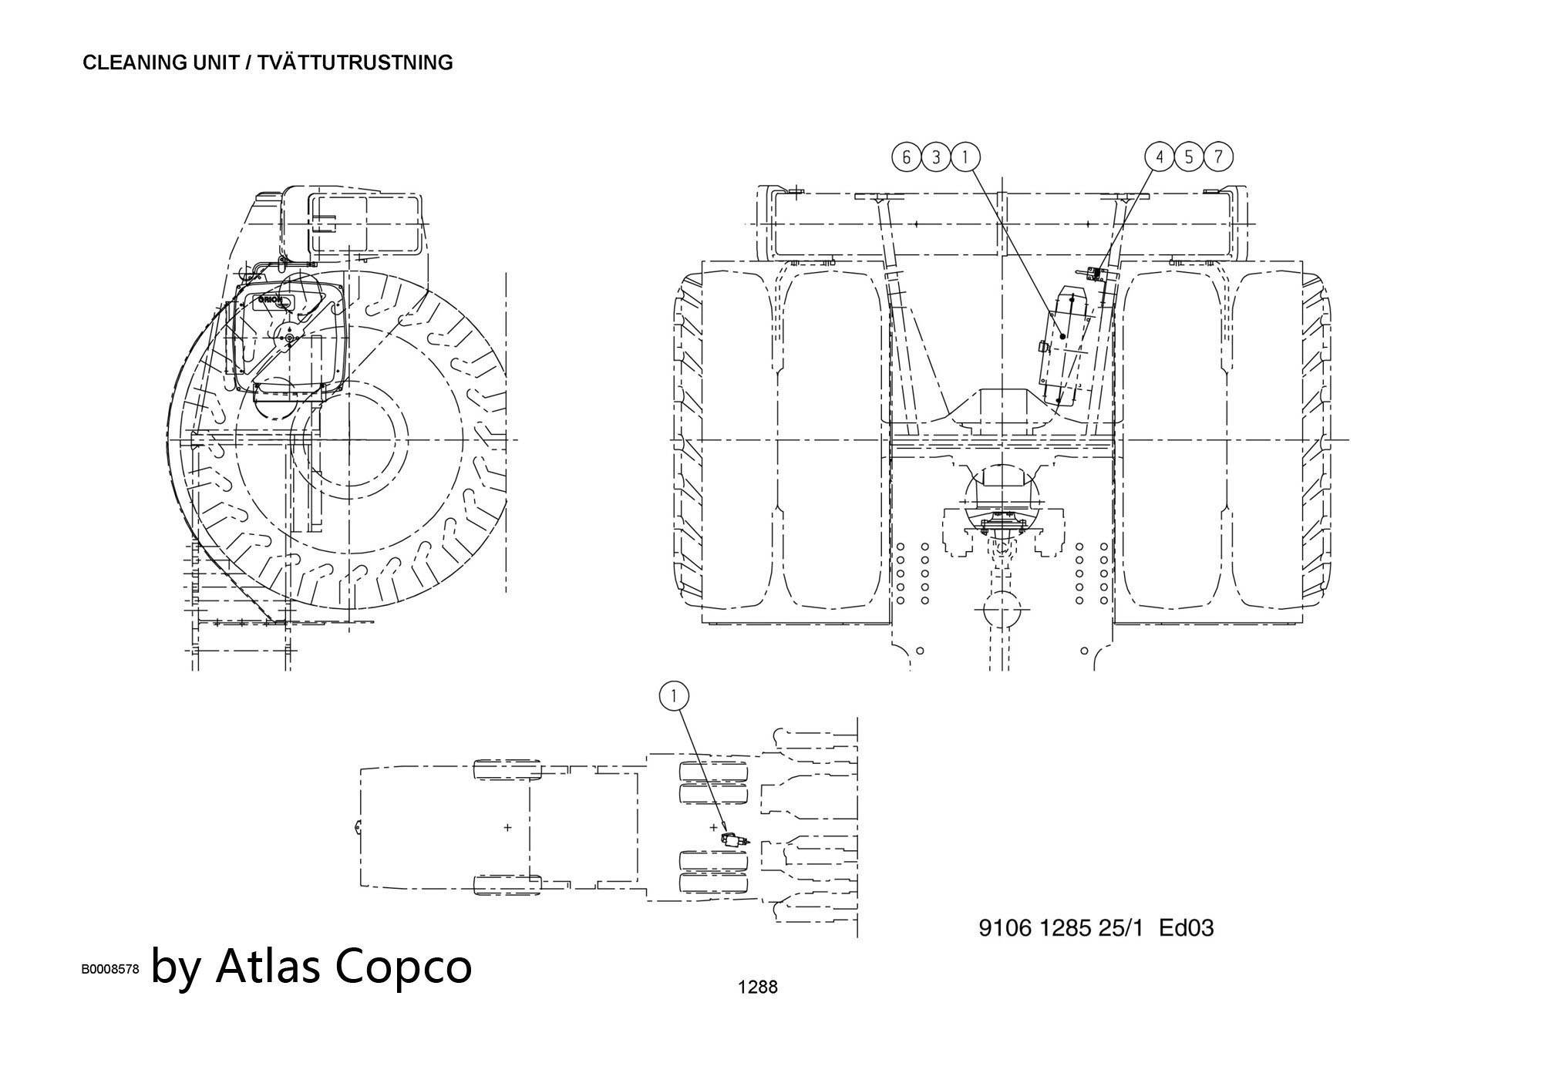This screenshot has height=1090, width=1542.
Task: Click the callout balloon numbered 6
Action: [x=907, y=157]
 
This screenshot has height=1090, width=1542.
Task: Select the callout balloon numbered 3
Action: [x=936, y=157]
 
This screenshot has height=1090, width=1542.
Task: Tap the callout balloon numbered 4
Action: [x=1160, y=157]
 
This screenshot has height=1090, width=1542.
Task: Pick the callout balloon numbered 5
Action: [x=1189, y=157]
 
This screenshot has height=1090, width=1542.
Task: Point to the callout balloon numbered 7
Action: [x=1218, y=157]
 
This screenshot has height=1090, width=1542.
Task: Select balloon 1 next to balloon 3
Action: [x=965, y=157]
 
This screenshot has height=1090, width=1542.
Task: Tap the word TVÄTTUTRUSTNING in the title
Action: [x=355, y=62]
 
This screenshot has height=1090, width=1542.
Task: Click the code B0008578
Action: [x=110, y=970]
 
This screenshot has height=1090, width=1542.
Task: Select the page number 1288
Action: [x=757, y=987]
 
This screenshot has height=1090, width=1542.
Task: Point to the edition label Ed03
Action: [x=1187, y=927]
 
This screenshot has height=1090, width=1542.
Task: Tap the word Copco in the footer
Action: [x=405, y=967]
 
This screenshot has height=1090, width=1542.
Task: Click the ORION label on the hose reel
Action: [x=271, y=300]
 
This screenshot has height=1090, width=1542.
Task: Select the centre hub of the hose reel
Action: [x=288, y=338]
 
